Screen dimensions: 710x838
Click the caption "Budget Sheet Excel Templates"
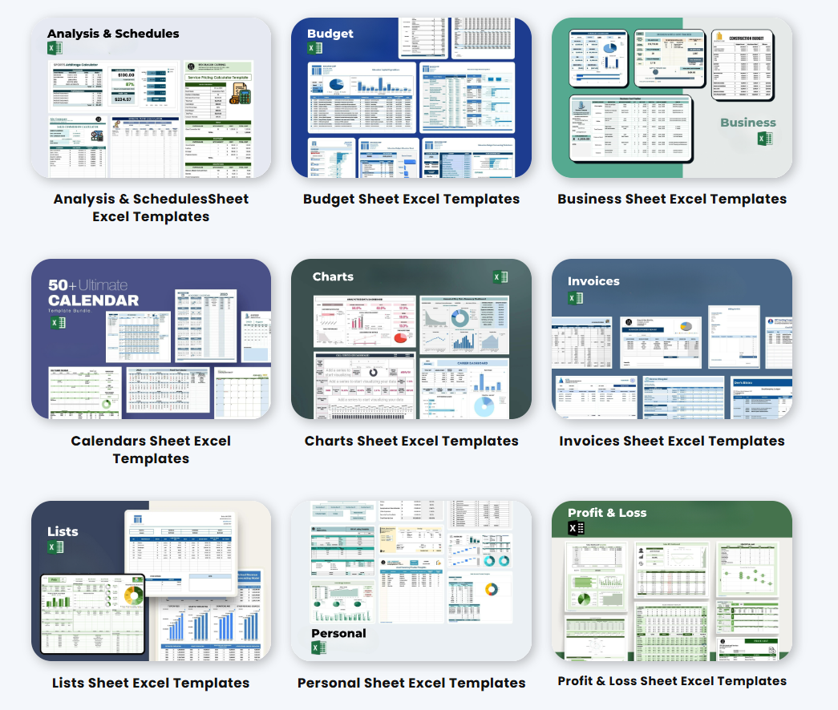(411, 200)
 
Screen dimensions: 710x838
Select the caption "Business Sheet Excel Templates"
(672, 200)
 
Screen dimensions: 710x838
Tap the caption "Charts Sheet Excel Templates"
(411, 442)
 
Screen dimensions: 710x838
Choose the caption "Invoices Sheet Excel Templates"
(672, 442)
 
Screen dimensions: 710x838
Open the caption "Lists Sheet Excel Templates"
(151, 684)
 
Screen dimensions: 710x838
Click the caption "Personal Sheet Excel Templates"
(411, 684)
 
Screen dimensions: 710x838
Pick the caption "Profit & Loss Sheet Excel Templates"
(672, 681)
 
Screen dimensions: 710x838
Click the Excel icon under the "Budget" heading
(315, 49)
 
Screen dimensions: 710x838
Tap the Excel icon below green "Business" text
(765, 139)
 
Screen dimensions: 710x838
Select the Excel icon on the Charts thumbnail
(500, 277)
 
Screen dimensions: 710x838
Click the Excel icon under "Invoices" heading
(575, 298)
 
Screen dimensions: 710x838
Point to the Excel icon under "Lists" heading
(55, 547)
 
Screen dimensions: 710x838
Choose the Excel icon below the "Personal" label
(319, 647)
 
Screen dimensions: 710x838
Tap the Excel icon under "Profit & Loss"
(576, 528)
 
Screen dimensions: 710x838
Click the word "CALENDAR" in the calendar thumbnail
(93, 301)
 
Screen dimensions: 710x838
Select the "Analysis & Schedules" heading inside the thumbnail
(113, 34)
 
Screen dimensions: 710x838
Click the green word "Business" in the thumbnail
(747, 123)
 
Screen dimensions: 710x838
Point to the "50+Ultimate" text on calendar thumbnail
(87, 285)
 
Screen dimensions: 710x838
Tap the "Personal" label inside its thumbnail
(338, 633)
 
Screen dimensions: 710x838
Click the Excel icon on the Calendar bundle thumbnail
(58, 323)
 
